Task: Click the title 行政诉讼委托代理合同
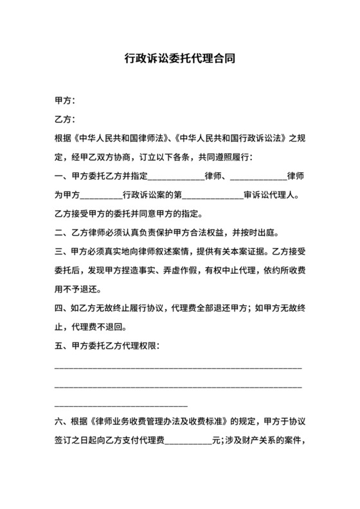(x=179, y=58)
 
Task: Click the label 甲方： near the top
(x=66, y=101)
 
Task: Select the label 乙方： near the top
(x=66, y=120)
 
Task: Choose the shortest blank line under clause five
(x=122, y=405)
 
